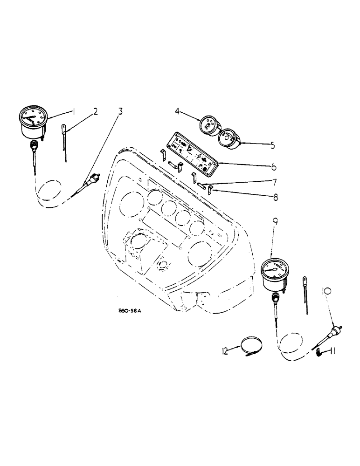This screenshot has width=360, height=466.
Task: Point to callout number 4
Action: coord(178,112)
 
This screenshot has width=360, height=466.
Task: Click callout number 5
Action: coord(273,145)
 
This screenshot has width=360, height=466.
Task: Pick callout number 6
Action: coord(274,166)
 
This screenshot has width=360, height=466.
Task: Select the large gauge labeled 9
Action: coord(275,272)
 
